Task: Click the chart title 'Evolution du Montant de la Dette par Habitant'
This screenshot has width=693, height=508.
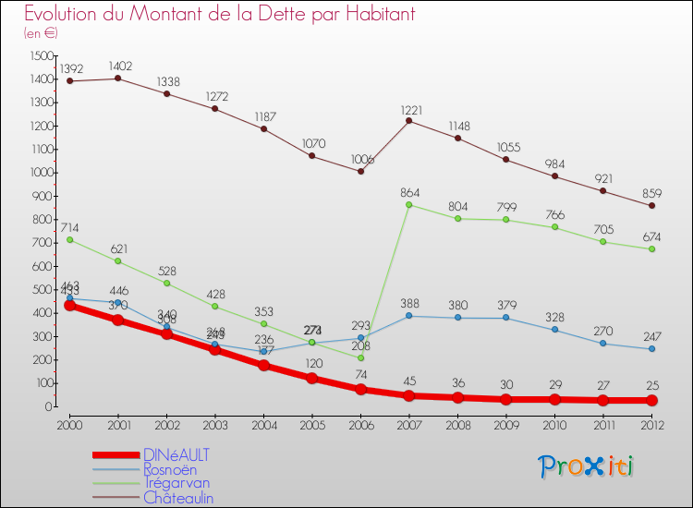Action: pos(219,14)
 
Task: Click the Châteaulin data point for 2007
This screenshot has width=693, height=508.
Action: pos(408,121)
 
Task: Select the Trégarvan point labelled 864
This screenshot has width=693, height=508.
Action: pos(408,204)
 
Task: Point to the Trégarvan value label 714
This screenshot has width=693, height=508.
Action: pos(70,227)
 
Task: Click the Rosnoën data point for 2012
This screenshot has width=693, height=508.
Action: pos(651,348)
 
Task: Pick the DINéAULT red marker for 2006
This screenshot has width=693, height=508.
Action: pos(360,389)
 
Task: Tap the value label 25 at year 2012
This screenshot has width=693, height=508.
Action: pos(651,384)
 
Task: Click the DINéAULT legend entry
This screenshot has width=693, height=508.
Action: pos(176,454)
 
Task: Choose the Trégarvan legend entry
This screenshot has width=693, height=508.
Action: pos(176,482)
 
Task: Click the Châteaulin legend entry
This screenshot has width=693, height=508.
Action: pos(179,497)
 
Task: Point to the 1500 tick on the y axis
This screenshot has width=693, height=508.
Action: pos(40,56)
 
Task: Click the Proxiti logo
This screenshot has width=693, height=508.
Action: pos(586,466)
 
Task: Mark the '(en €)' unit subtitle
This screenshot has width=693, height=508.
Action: pos(41,33)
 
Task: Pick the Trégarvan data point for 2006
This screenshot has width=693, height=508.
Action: pos(360,357)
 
